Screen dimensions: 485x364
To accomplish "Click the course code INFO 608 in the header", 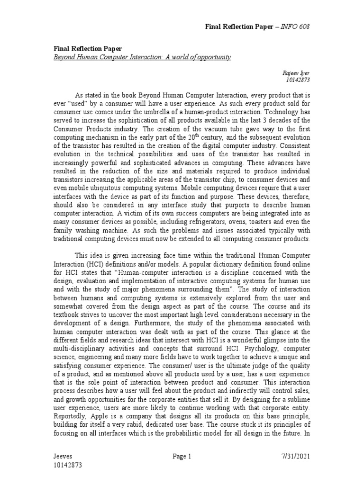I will (x=297, y=26).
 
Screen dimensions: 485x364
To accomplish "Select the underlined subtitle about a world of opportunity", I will (x=142, y=57).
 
